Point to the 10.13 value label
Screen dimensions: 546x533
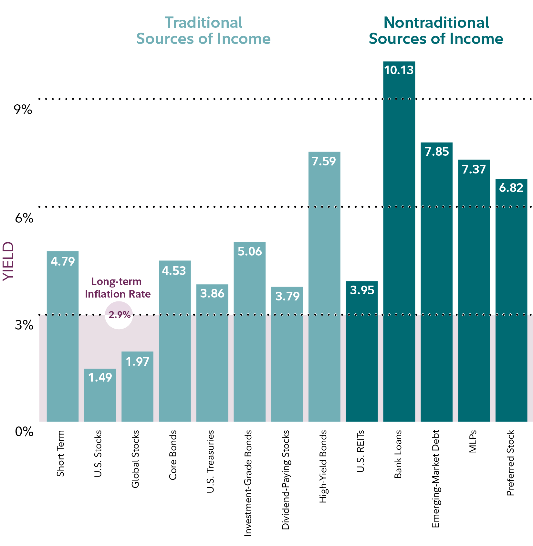[x=399, y=70]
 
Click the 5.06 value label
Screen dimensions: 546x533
[x=250, y=251]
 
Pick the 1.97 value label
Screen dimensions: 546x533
[x=138, y=362]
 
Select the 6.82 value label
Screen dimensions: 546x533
[x=511, y=188]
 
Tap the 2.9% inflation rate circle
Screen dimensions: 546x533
[x=119, y=315]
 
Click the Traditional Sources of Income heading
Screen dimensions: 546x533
[x=203, y=31]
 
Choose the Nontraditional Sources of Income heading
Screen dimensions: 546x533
[x=436, y=31]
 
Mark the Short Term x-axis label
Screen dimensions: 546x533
[x=60, y=453]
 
